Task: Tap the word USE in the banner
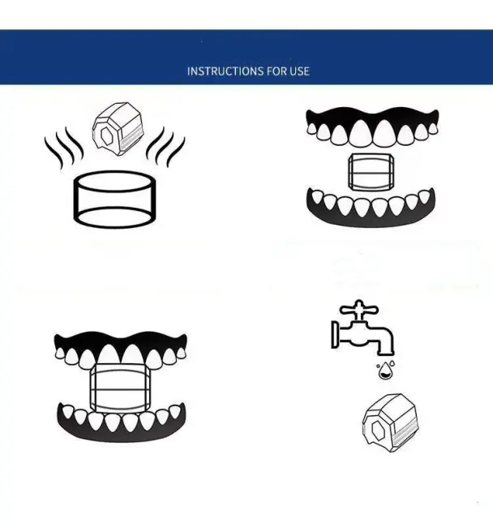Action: coord(300,71)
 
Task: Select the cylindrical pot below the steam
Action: coord(114,199)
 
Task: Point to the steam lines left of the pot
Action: coord(63,148)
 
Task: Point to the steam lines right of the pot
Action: coord(165,148)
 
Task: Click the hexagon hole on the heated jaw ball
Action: coord(106,135)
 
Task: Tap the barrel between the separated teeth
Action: coord(371,172)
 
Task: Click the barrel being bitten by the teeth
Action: coord(120,388)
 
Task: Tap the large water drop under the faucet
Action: coord(384,371)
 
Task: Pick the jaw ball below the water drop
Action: coord(391,422)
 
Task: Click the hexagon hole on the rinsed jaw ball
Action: coord(378,429)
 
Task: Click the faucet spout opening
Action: coord(386,354)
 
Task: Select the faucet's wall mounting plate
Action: coord(335,335)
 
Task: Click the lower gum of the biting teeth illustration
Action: coord(122,432)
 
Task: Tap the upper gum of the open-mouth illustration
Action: coord(372,115)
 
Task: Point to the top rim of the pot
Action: coord(114,182)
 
